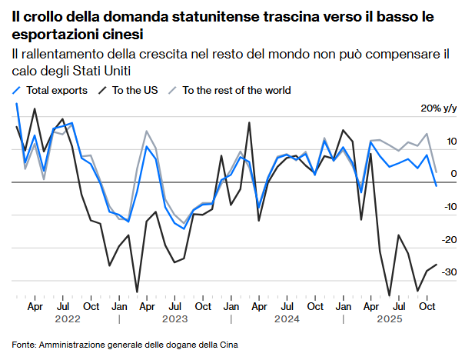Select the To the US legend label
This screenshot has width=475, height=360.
coord(135,90)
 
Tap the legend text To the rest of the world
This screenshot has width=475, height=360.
coord(236,90)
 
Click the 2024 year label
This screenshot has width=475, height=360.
coord(286,318)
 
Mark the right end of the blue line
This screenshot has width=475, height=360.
coord(437,185)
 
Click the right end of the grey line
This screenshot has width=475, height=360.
coord(437,172)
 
